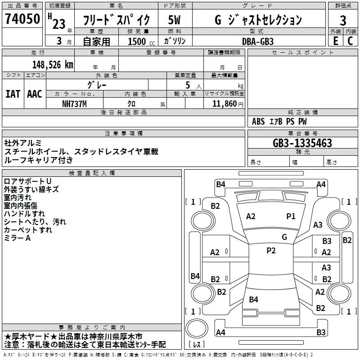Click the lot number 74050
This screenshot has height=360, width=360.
[22, 18]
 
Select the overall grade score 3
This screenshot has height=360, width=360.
[343, 20]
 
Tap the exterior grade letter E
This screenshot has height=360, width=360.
[336, 41]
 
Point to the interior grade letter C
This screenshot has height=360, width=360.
[351, 41]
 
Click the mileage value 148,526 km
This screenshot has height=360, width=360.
[53, 65]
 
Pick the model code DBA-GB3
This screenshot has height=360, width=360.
[258, 41]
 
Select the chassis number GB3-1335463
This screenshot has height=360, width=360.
[302, 143]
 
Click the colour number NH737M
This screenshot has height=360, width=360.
[74, 104]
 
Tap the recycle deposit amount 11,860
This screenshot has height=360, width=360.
[225, 104]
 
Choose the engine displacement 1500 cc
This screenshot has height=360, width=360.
[141, 41]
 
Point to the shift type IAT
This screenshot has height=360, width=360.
[13, 94]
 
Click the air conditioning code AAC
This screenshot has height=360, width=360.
[35, 94]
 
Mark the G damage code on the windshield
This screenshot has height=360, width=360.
[284, 237]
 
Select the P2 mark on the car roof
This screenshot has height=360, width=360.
[271, 251]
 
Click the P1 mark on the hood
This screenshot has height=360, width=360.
[291, 216]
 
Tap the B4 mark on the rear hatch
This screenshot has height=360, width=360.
[253, 299]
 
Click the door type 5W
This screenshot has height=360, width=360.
[174, 20]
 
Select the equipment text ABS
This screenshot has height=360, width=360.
[258, 121]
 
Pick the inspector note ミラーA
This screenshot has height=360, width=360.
[17, 238]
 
